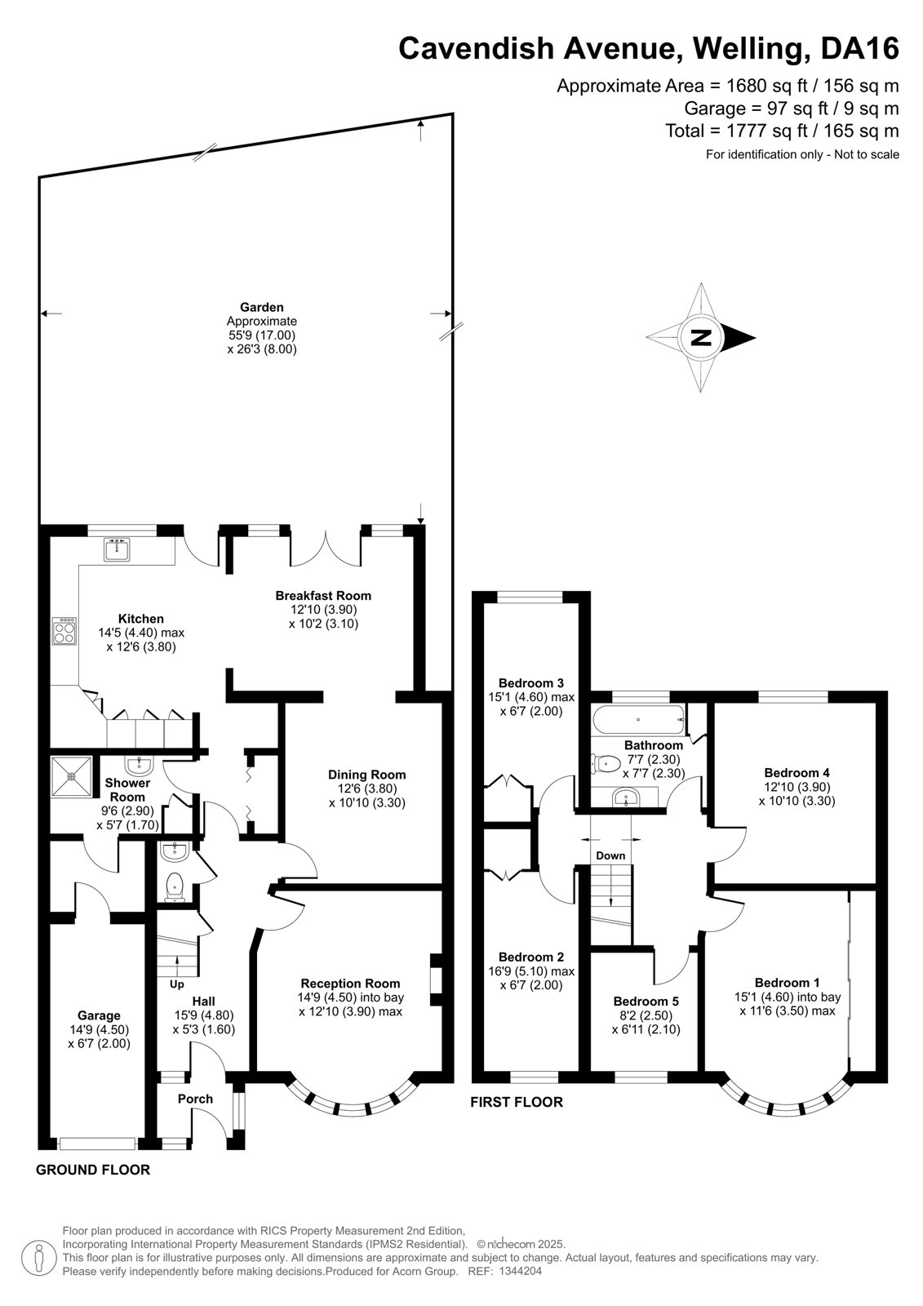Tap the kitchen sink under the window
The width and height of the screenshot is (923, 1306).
pos(118,549)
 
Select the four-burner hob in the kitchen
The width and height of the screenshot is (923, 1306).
pos(64,631)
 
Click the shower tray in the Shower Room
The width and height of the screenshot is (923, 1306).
pos(71,776)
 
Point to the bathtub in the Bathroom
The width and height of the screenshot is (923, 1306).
pos(639,720)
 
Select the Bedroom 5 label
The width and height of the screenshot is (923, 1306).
pos(646,1001)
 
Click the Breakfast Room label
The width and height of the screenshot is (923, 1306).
pos(324,595)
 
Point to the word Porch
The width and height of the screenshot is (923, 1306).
pos(195,1099)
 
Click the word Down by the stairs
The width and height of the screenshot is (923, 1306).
pos(610,855)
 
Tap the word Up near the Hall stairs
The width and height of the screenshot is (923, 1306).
pos(176,984)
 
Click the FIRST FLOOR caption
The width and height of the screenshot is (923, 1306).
pos(517,1102)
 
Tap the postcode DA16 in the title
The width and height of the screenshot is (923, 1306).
pos(860,48)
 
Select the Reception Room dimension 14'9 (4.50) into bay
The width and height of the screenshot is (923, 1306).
pos(350,997)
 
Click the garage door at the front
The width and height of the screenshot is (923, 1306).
pos(98,1144)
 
